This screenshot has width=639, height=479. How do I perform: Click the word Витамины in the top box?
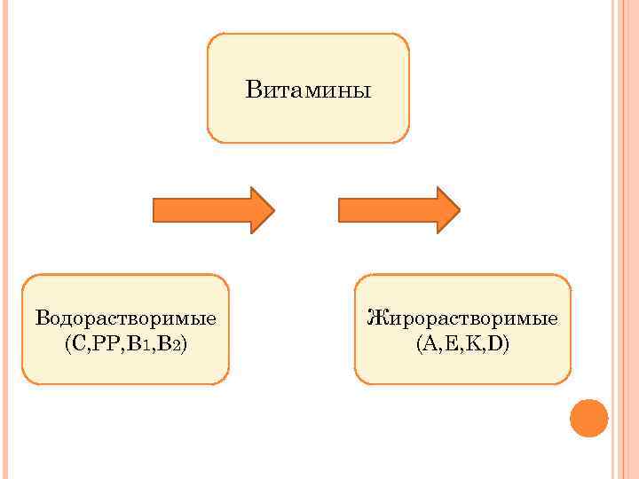pyautogui.click(x=308, y=90)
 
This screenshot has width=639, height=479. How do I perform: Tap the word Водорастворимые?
pyautogui.click(x=126, y=318)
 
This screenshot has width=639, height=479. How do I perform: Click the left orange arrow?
pyautogui.click(x=213, y=210)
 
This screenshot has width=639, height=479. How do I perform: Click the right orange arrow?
pyautogui.click(x=398, y=210)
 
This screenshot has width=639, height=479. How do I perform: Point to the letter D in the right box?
pyautogui.click(x=495, y=343)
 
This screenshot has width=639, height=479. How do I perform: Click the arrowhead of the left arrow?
pyautogui.click(x=262, y=210)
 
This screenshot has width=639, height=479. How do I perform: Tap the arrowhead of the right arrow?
pyautogui.click(x=447, y=210)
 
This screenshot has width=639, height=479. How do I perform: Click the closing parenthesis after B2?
pyautogui.click(x=184, y=343)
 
